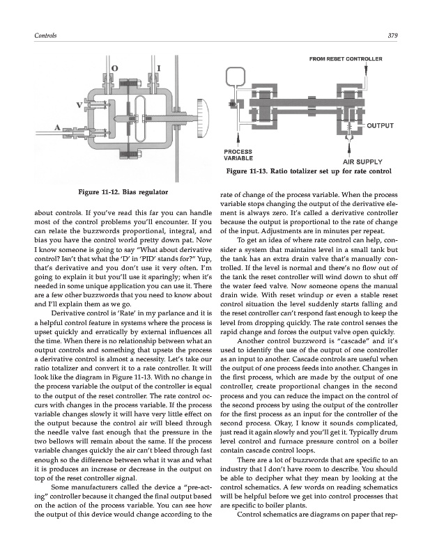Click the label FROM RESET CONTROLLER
(x=345, y=59)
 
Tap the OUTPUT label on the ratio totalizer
(x=381, y=126)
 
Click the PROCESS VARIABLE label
(x=238, y=155)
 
